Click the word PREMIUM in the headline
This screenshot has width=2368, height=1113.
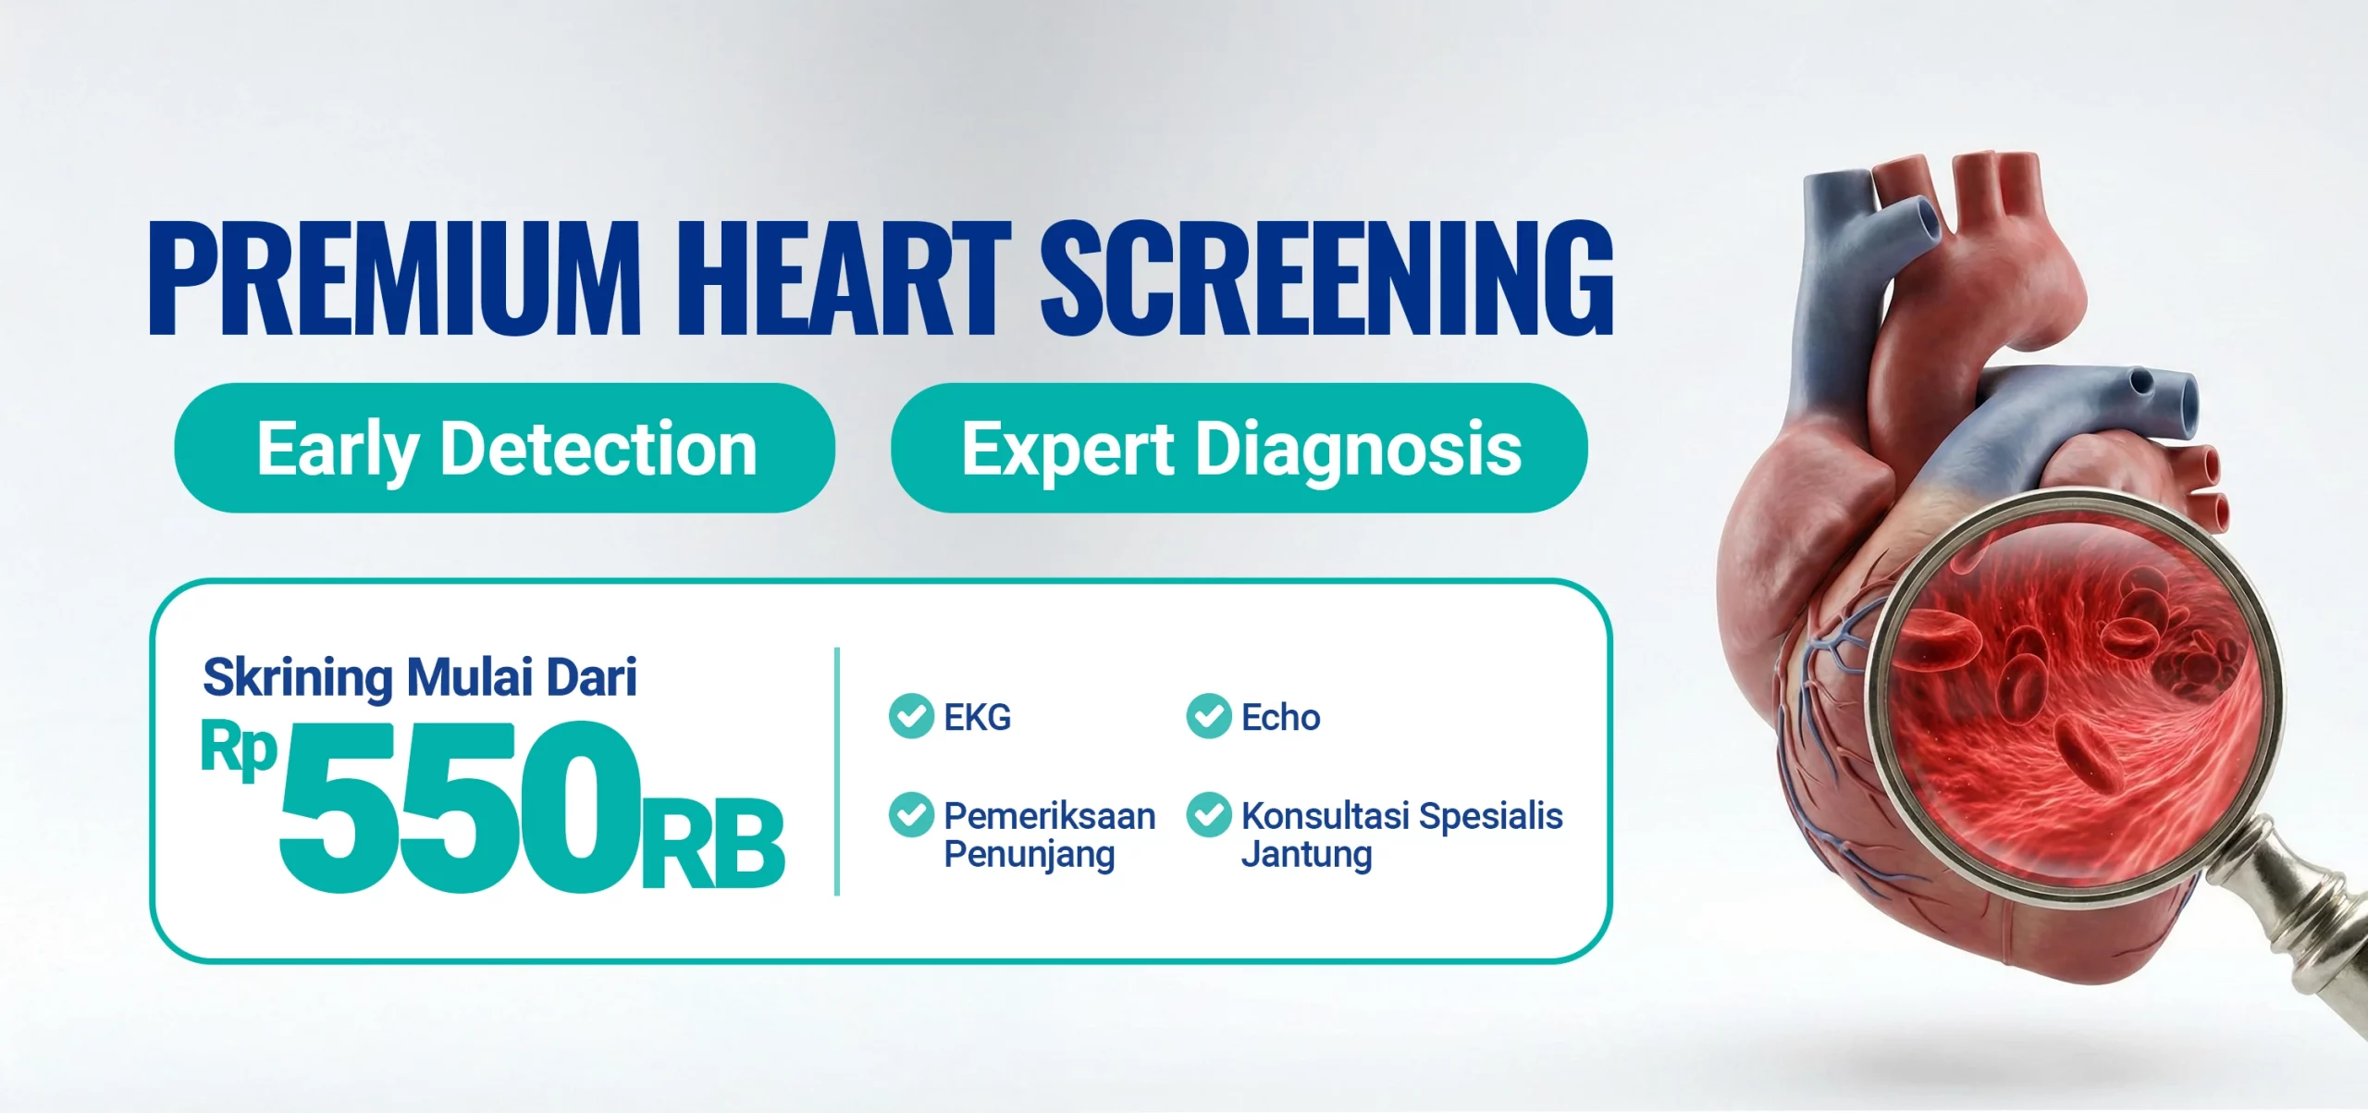coord(395,278)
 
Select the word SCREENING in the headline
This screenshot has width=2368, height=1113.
coord(1327,278)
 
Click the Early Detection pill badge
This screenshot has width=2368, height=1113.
coord(505,448)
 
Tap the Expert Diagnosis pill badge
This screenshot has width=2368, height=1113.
coord(1239,448)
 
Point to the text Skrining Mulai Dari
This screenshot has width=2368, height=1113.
coord(420,678)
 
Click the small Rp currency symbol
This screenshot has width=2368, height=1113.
coord(239,750)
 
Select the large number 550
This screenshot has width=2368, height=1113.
coord(460,807)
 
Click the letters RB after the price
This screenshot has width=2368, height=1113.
coord(713,844)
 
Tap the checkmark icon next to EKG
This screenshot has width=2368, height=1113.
coord(911,716)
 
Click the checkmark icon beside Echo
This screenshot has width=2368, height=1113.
coord(1209,716)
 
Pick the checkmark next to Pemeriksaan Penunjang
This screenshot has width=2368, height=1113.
coord(911,815)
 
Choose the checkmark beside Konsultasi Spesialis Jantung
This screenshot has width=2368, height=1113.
coord(1209,815)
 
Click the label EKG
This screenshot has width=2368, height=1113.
coord(978,718)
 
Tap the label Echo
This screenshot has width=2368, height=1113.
coord(1281,718)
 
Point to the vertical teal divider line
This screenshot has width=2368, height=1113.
coord(837,772)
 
